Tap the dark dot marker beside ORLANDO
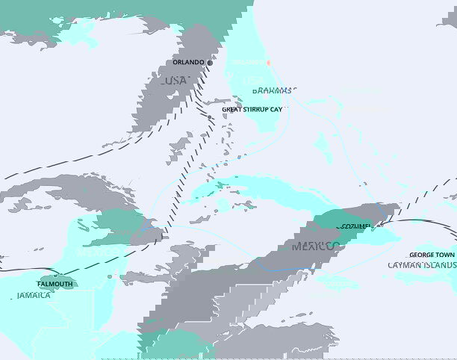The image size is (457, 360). pyautogui.click(x=210, y=63)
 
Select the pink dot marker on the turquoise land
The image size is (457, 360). pyautogui.click(x=268, y=63)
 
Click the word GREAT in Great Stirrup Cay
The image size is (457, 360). pyautogui.click(x=235, y=109)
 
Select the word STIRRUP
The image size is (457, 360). pyautogui.click(x=265, y=109)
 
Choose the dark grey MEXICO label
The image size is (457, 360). pyautogui.click(x=315, y=246)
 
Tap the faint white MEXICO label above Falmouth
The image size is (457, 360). pyautogui.click(x=90, y=253)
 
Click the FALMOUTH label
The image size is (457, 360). pyautogui.click(x=56, y=284)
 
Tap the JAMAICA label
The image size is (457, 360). pyautogui.click(x=34, y=296)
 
